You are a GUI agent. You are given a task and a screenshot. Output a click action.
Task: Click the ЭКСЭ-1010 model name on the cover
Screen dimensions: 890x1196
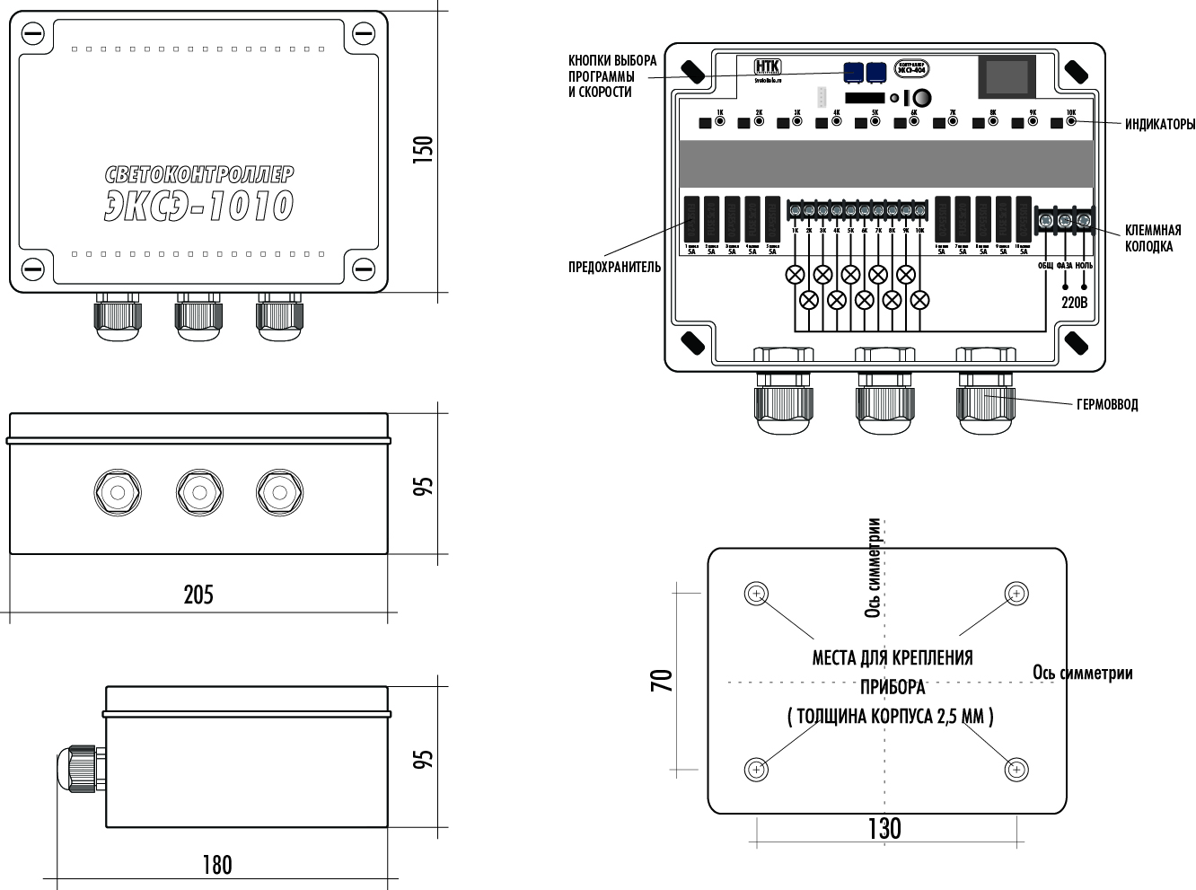tap(199, 206)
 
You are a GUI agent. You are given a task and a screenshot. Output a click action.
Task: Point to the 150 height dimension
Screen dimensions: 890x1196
tap(422, 149)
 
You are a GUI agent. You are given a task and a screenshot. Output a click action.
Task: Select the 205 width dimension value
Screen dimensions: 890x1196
tap(198, 595)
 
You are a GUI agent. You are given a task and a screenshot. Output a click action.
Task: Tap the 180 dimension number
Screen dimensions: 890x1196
tap(216, 865)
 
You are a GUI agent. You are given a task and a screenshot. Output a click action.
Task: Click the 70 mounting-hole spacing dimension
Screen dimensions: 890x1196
tap(661, 680)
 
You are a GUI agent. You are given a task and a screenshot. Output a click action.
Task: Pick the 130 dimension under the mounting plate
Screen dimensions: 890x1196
tap(884, 828)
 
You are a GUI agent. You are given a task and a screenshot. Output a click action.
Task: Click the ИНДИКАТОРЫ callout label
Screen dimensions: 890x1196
tap(1160, 125)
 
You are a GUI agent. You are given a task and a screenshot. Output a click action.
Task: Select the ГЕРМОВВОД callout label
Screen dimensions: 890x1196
tap(1107, 405)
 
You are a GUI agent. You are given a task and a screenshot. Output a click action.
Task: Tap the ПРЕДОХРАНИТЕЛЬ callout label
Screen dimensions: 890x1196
tap(614, 267)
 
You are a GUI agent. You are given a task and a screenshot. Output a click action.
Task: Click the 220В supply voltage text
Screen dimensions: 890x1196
tap(1074, 303)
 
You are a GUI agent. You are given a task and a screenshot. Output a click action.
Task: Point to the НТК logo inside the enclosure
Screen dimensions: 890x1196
tap(768, 66)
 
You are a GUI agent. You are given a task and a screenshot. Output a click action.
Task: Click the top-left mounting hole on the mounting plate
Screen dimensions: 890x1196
tap(757, 594)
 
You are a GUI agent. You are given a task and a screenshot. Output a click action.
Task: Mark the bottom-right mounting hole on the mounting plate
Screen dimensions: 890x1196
tap(1016, 770)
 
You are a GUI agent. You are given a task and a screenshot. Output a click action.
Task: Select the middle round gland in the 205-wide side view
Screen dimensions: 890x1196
tap(199, 492)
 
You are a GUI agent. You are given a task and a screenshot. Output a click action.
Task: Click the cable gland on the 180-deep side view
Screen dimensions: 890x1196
tap(79, 768)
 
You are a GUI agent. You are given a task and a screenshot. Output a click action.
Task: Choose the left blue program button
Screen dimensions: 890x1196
tap(853, 71)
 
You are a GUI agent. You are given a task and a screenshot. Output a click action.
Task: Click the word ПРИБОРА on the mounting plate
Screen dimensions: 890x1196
tap(893, 687)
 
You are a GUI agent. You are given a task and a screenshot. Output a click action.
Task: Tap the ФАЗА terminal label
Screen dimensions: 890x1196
tap(1065, 266)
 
